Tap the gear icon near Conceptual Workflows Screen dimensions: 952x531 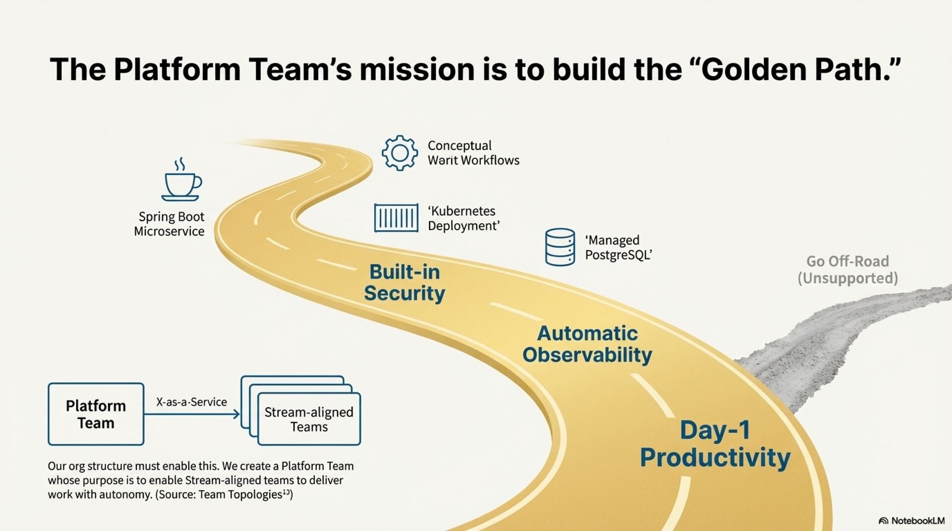pos(399,153)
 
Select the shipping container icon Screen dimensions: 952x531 pos(396,218)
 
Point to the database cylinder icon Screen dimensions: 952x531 pos(560,247)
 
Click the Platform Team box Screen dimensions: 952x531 pos(96,414)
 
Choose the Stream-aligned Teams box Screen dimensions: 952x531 pos(308,419)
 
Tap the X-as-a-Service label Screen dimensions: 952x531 pos(191,402)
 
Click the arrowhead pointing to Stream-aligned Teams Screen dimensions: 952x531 pos(237,414)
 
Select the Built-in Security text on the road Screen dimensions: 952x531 pos(404,282)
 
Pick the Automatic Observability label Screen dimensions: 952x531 pos(587,344)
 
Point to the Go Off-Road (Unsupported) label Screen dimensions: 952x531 pos(847,269)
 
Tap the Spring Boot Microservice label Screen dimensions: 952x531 pos(170,224)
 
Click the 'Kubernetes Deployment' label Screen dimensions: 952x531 pos(463,218)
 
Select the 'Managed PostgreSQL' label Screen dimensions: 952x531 pos(618,247)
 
